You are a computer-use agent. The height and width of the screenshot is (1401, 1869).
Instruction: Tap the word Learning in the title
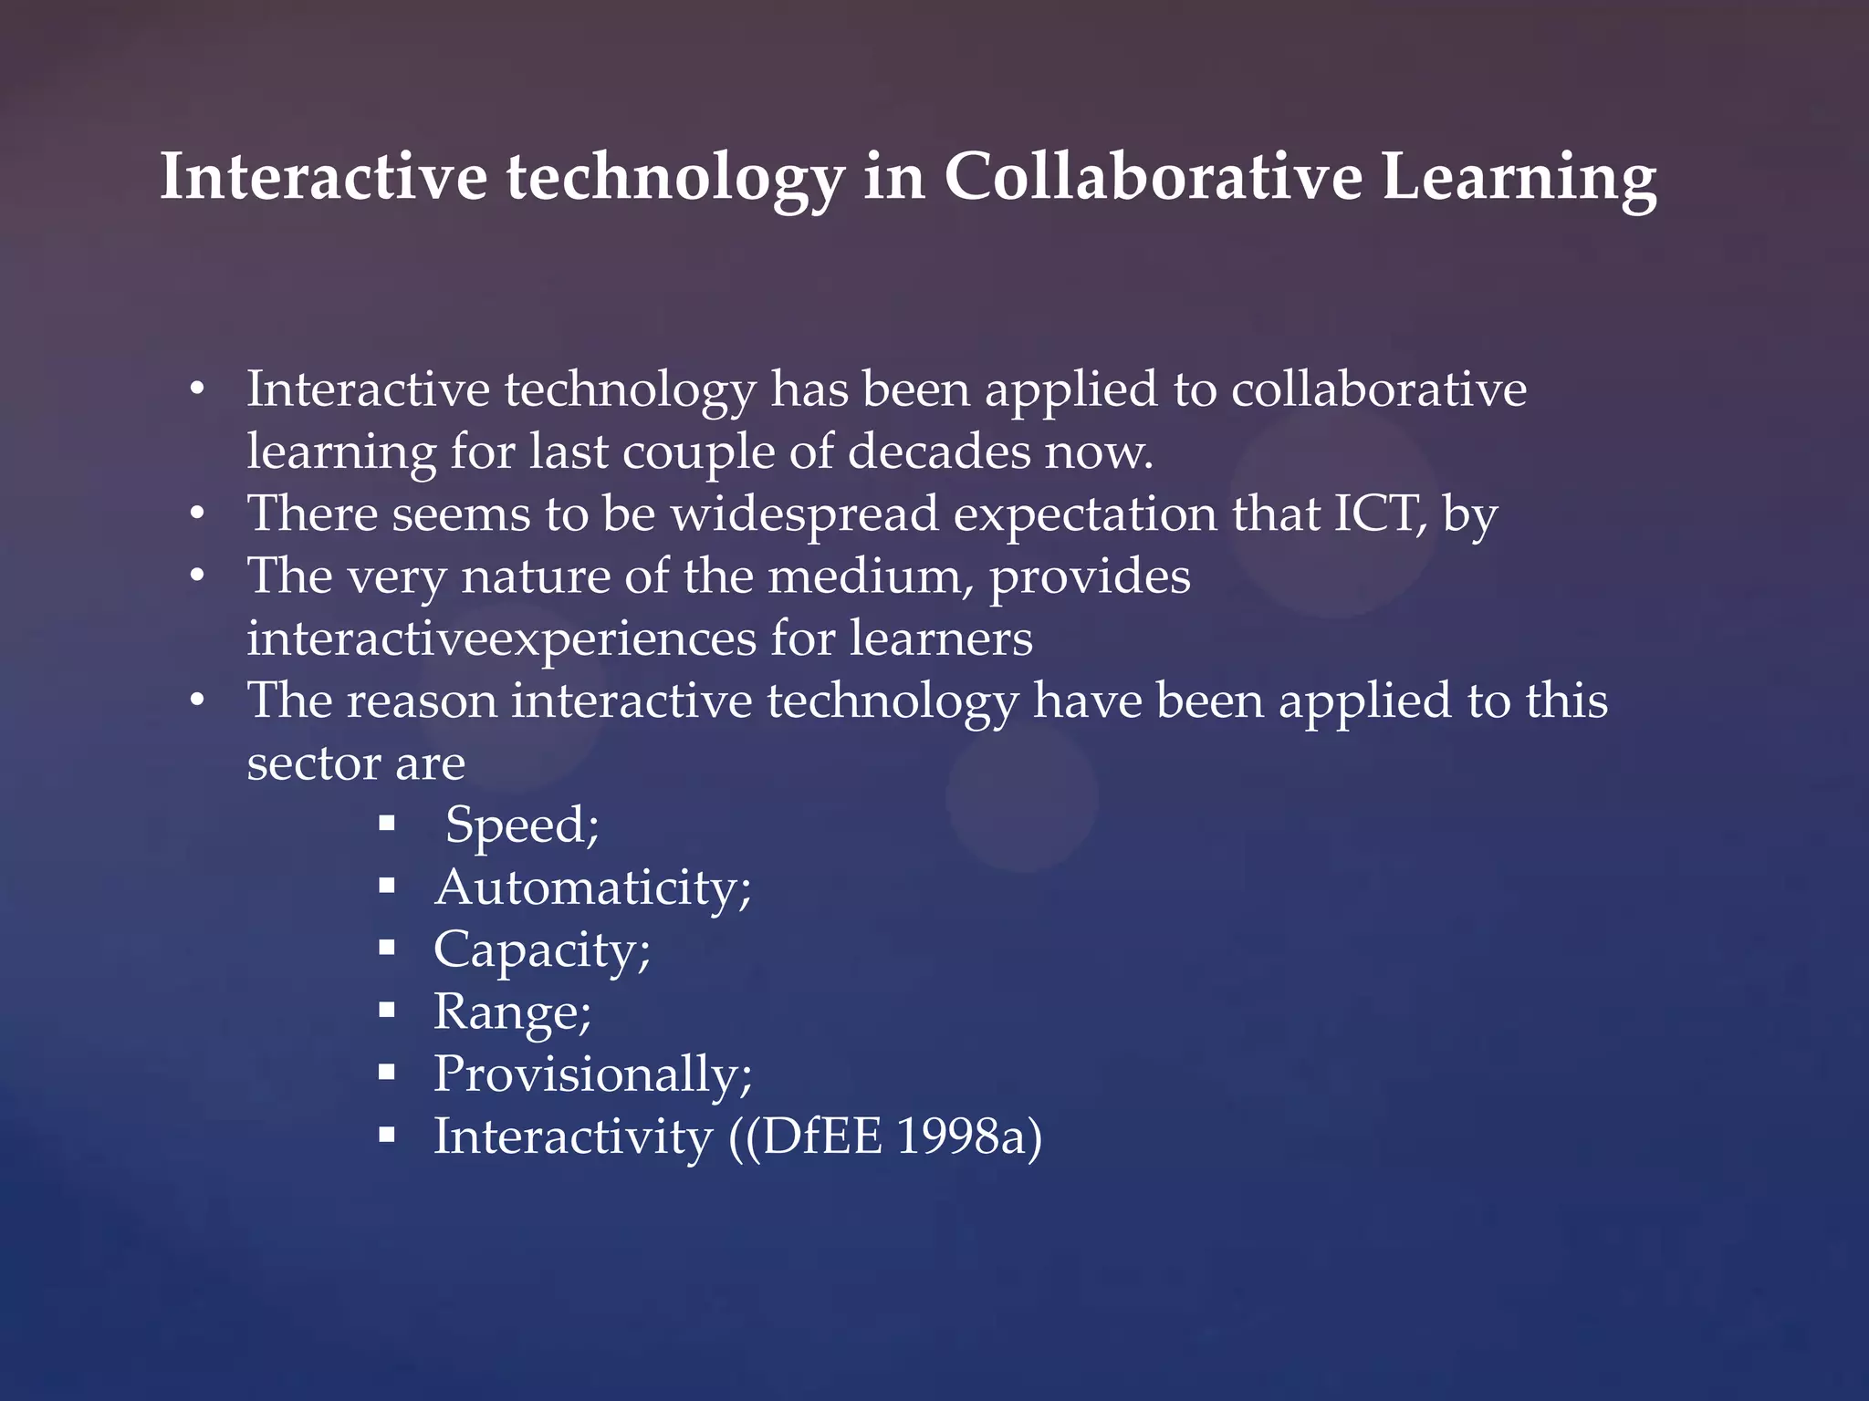(x=1519, y=179)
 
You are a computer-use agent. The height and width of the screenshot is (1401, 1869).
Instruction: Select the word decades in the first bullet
(x=939, y=451)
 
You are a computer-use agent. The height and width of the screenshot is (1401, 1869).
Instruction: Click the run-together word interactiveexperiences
(x=501, y=638)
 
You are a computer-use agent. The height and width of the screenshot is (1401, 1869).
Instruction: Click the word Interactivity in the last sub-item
(x=573, y=1136)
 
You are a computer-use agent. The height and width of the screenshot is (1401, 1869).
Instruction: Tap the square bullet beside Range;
(x=387, y=1010)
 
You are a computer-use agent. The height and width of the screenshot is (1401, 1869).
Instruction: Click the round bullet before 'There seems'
(x=197, y=514)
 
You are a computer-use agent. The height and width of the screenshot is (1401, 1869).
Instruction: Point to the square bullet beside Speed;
(x=387, y=824)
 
